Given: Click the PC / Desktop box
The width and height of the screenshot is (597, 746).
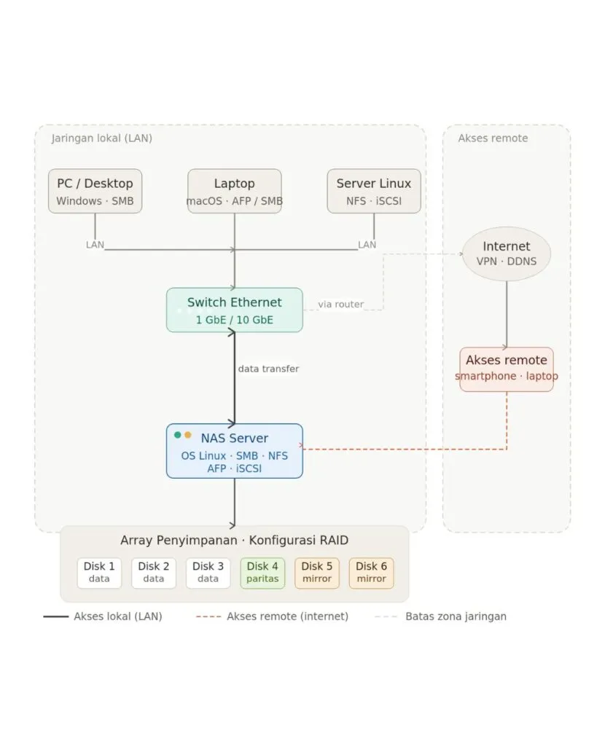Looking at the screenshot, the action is coord(95,191).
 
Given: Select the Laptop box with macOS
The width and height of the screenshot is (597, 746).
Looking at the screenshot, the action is coord(234,191).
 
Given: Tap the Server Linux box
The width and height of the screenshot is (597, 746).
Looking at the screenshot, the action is coord(374,191).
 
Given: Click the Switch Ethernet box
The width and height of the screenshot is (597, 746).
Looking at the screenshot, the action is coord(234,310).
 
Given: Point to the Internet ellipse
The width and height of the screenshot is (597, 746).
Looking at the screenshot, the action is coord(507,254).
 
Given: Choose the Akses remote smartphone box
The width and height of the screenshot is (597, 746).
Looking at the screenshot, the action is coord(507,369).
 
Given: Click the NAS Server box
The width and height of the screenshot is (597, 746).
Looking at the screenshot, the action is coord(234,451).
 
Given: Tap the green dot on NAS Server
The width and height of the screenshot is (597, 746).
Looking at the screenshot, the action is coord(178,435).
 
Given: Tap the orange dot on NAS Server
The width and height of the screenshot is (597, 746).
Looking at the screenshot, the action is coord(188,435).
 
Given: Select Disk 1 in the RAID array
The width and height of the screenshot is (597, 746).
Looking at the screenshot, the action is coord(99,573).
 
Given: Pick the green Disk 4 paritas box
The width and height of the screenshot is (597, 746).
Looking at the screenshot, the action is coord(262,573).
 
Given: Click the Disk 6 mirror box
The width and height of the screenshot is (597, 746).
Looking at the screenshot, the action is coord(371,573).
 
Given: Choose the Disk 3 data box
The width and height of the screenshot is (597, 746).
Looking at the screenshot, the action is coord(208,573).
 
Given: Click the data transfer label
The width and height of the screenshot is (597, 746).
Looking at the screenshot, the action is coord(268,369).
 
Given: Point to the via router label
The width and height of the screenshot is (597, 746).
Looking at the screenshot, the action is coord(341,304).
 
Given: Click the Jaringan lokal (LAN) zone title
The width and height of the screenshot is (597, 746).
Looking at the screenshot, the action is coord(102,138).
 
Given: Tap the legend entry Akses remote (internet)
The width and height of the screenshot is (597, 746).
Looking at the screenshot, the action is coord(273,616).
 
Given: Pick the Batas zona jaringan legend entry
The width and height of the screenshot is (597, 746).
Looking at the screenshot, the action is coord(441,616).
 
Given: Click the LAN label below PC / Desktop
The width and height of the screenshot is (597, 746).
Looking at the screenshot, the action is coord(95,245).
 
